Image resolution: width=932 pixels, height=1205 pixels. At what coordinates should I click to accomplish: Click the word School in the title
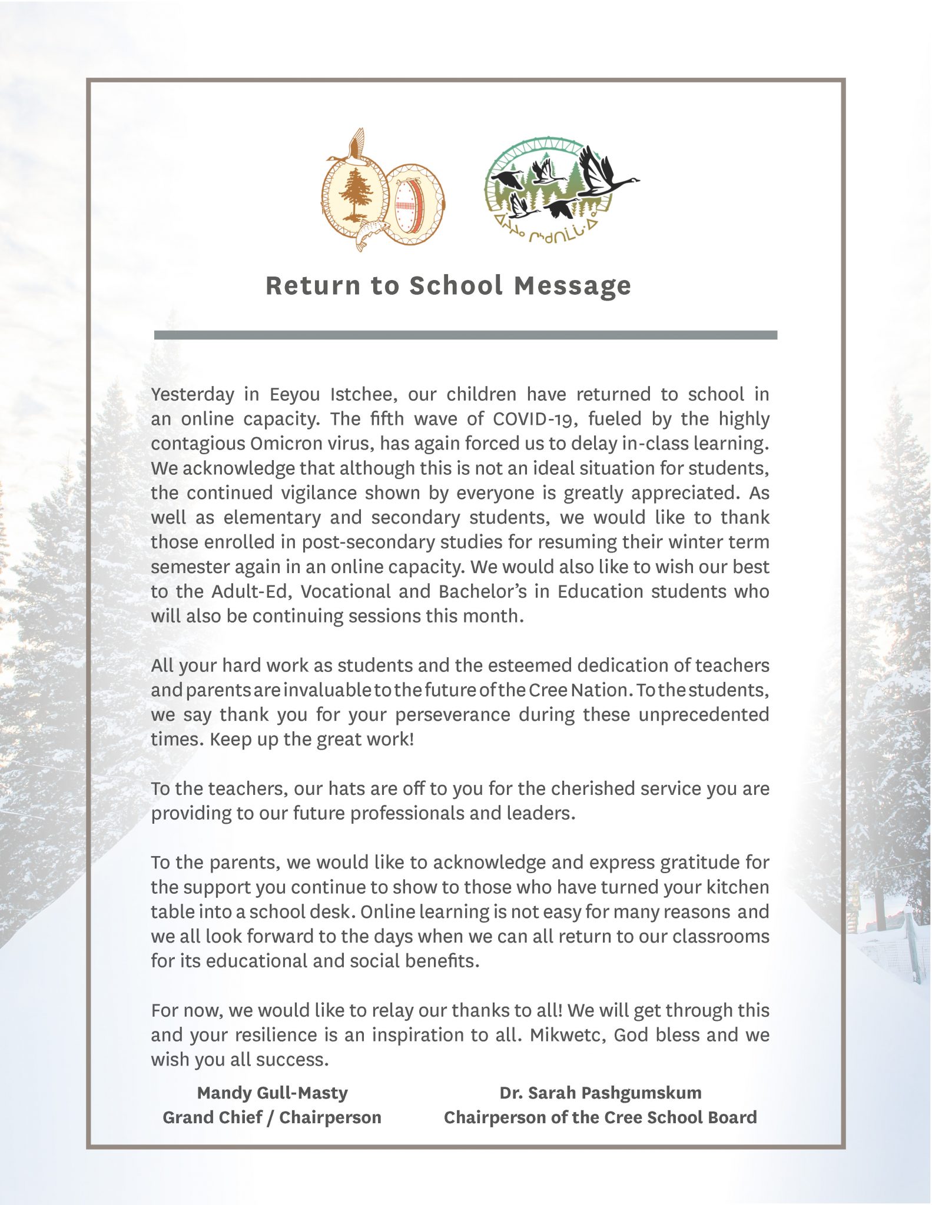pyautogui.click(x=456, y=286)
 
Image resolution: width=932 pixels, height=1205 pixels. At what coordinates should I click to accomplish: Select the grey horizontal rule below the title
pyautogui.click(x=465, y=335)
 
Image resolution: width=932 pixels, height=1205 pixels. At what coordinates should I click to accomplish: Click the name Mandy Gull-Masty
pyautogui.click(x=272, y=1093)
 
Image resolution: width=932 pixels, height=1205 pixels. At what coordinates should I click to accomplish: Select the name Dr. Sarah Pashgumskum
pyautogui.click(x=600, y=1093)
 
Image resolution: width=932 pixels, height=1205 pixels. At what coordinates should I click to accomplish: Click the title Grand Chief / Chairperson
pyautogui.click(x=272, y=1117)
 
